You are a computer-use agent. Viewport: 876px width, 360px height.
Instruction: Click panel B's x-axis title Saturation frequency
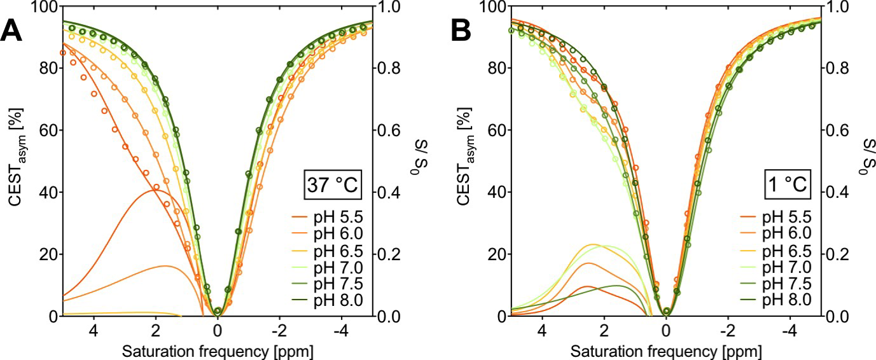click(666, 352)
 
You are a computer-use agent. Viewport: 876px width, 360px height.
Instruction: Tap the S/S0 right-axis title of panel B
click(864, 161)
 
